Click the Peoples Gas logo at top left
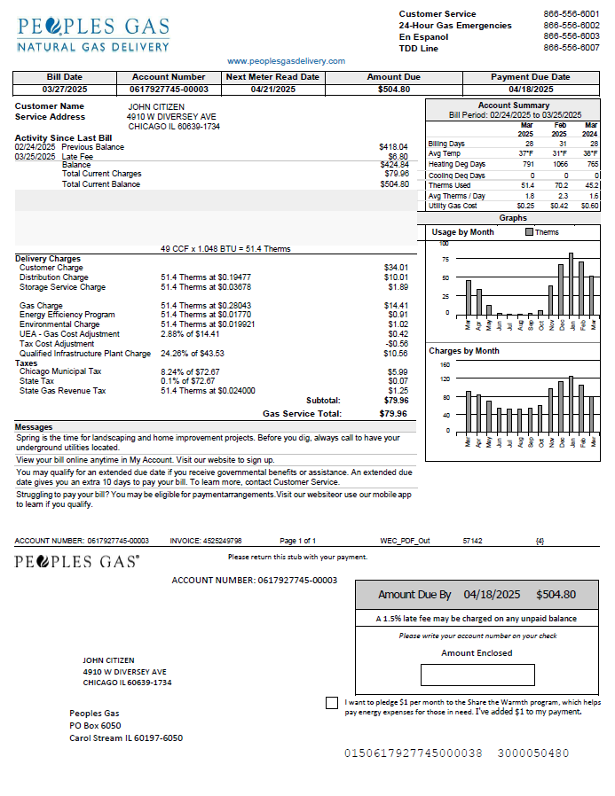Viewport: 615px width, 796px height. [93, 32]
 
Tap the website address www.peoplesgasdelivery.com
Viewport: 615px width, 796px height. [286, 61]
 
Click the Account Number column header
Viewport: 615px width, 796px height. [169, 77]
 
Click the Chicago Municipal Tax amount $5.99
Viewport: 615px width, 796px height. [398, 371]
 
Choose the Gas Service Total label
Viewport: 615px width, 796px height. [302, 413]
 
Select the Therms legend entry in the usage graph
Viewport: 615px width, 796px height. [541, 232]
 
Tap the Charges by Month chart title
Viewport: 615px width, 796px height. [464, 351]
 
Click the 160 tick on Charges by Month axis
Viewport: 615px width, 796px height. [445, 364]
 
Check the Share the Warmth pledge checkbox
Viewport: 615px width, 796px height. [332, 703]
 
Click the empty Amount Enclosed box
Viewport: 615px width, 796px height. [477, 675]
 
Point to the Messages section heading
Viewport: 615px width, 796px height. [34, 427]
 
